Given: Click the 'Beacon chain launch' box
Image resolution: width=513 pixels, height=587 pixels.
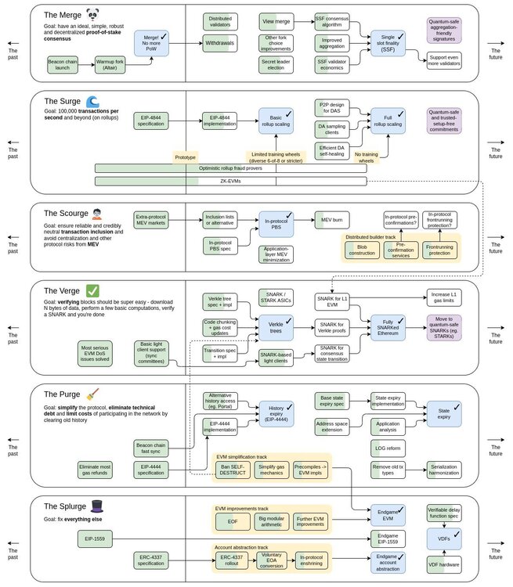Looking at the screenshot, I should [67, 64].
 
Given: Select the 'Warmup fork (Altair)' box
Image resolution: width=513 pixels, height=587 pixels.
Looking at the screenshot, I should [111, 64].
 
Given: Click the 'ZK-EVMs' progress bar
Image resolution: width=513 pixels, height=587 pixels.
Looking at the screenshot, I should [231, 182].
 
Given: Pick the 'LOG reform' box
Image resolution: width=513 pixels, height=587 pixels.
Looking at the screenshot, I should [389, 446].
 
